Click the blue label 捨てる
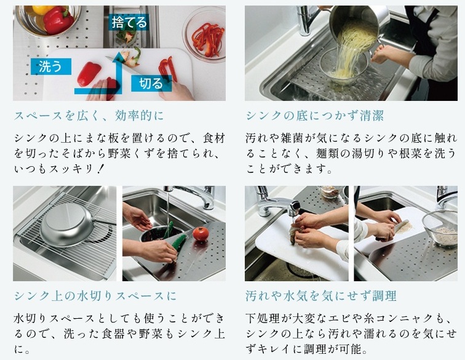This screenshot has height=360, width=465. pos(129,23)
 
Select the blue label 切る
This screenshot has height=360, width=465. pos(150,83)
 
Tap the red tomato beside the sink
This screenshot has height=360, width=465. pos(201,234)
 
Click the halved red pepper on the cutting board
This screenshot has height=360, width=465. pos(89,73)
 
